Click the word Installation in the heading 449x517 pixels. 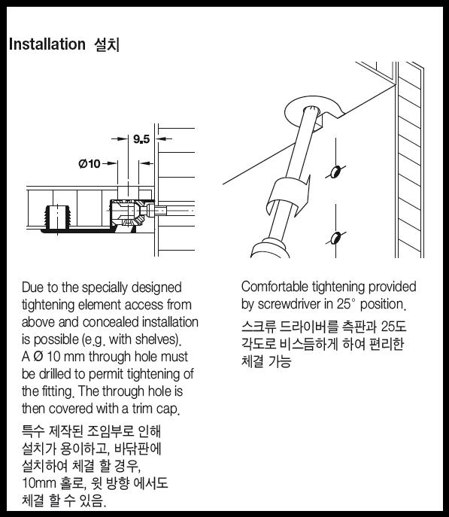click(47, 44)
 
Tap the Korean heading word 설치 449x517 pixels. click(107, 44)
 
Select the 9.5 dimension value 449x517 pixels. click(141, 139)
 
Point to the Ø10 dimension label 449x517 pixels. click(89, 163)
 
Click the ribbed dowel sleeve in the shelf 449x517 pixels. click(57, 217)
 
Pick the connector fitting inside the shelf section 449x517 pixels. click(132, 212)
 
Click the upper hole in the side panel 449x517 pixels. click(335, 172)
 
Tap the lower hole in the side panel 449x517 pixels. click(335, 238)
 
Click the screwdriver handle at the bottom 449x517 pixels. click(270, 250)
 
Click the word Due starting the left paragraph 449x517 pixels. click(32, 287)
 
